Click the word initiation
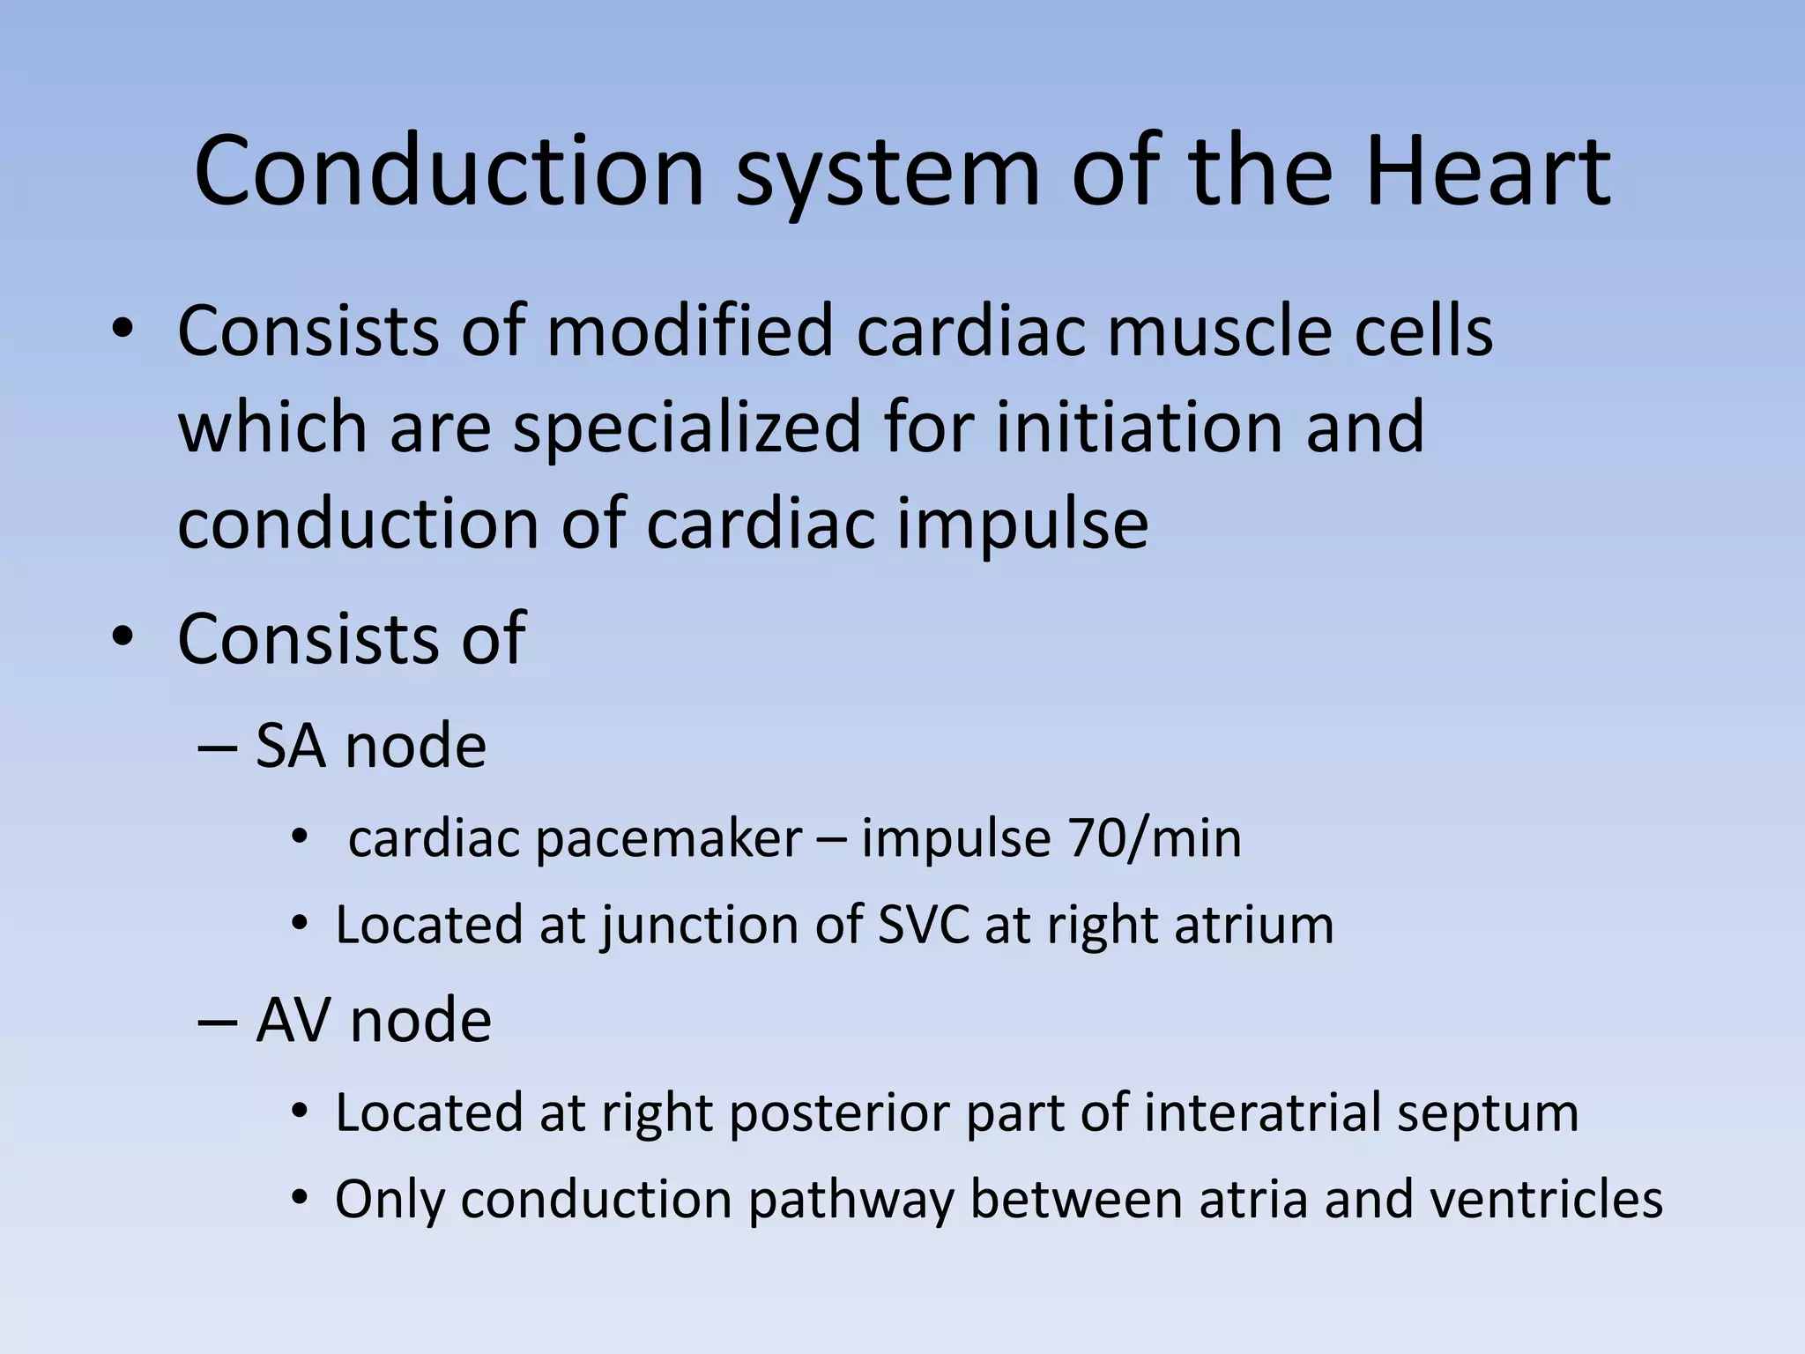pos(1140,427)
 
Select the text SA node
pos(370,746)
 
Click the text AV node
pos(373,1021)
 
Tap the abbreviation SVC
pos(923,925)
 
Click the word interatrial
pos(1262,1112)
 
